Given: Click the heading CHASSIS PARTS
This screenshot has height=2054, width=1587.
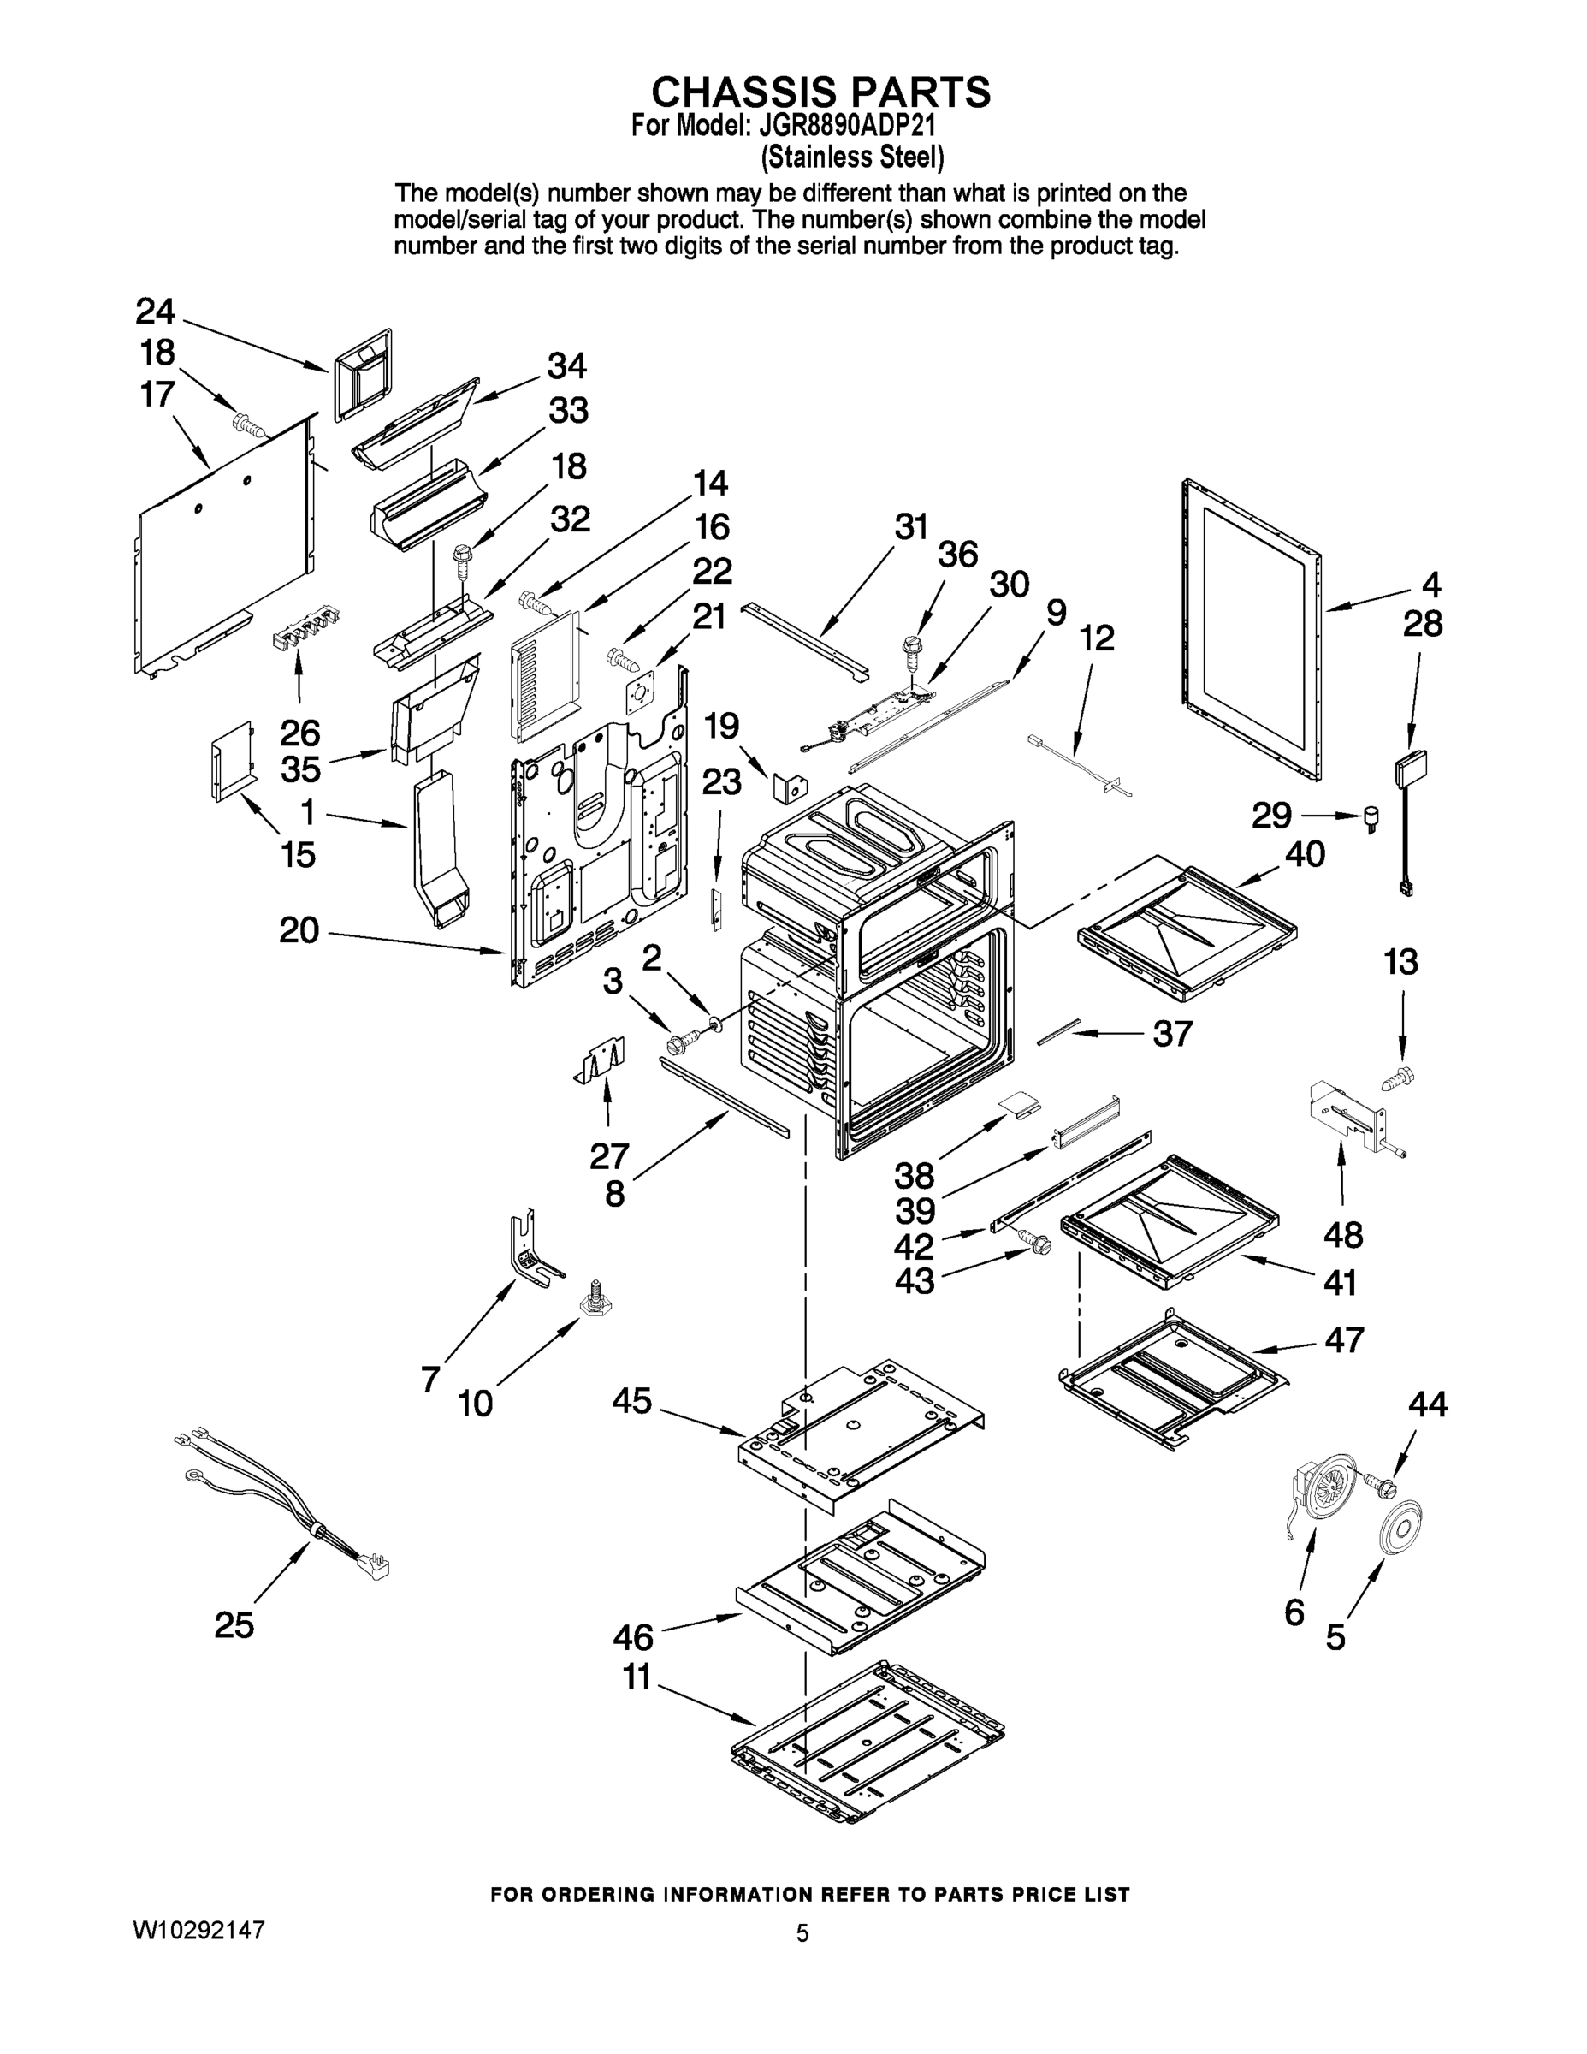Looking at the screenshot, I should [x=820, y=92].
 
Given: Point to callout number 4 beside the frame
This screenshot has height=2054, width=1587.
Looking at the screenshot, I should [x=1430, y=585].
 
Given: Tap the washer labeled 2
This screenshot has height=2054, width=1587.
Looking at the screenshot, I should [x=713, y=1020].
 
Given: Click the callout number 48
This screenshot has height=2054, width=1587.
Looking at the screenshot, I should [x=1342, y=1234].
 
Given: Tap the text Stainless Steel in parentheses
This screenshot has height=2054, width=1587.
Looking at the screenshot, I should [x=852, y=154].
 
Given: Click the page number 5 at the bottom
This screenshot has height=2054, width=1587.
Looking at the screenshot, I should [x=802, y=1933].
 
